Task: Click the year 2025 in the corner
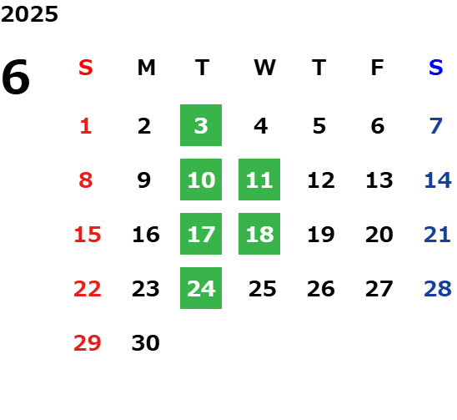click(x=29, y=14)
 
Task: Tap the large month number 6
click(x=16, y=77)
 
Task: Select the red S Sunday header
click(x=86, y=68)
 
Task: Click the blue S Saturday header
click(x=436, y=68)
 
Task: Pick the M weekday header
click(x=146, y=68)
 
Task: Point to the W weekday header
click(x=264, y=68)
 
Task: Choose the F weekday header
click(x=378, y=68)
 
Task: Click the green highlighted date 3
click(x=201, y=125)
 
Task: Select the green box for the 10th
click(x=201, y=180)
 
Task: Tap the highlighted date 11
click(x=259, y=180)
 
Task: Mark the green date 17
click(x=201, y=234)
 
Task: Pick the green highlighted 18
click(x=259, y=234)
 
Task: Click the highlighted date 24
click(x=201, y=288)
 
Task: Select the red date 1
click(x=86, y=126)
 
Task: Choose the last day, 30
click(x=146, y=343)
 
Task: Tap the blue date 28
click(x=438, y=289)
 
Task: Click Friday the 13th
click(x=379, y=180)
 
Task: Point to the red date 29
click(x=88, y=343)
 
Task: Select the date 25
click(x=263, y=289)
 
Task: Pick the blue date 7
click(x=436, y=126)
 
